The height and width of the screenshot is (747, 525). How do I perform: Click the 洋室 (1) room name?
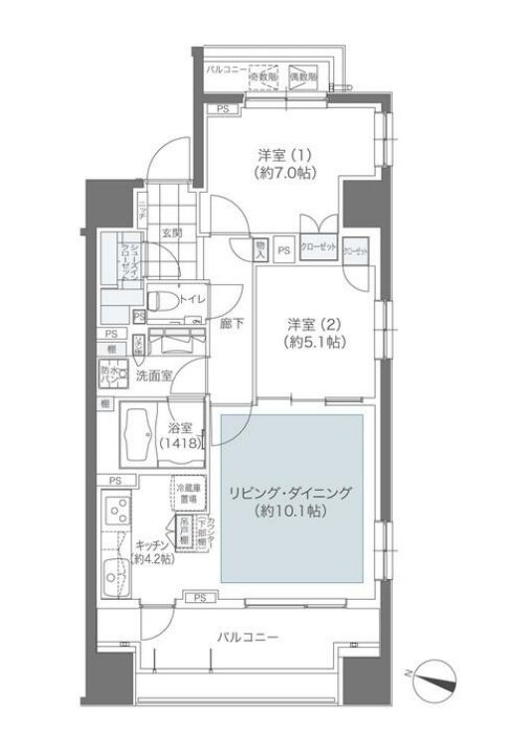pos(284,154)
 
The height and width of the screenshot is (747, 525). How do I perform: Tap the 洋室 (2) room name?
pos(315,324)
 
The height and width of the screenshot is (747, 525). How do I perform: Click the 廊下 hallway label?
pos(232,324)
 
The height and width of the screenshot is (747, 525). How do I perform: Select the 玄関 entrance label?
pos(172,233)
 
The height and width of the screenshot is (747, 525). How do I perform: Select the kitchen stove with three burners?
pos(116,516)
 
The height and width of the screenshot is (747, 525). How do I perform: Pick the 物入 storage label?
pos(261,249)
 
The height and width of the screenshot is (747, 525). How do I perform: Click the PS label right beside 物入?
pos(283,250)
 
